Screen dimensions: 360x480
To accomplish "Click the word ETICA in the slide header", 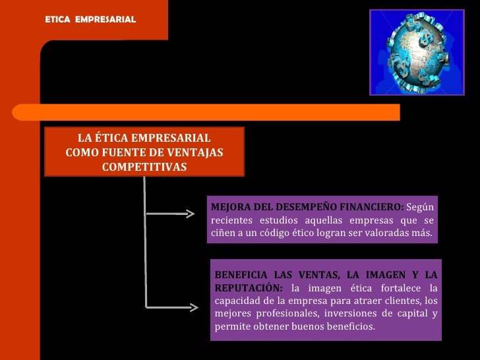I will [x=57, y=20].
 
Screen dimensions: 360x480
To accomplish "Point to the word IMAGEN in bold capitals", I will [x=378, y=274].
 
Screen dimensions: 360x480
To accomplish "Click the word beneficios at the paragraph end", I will [x=350, y=327].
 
